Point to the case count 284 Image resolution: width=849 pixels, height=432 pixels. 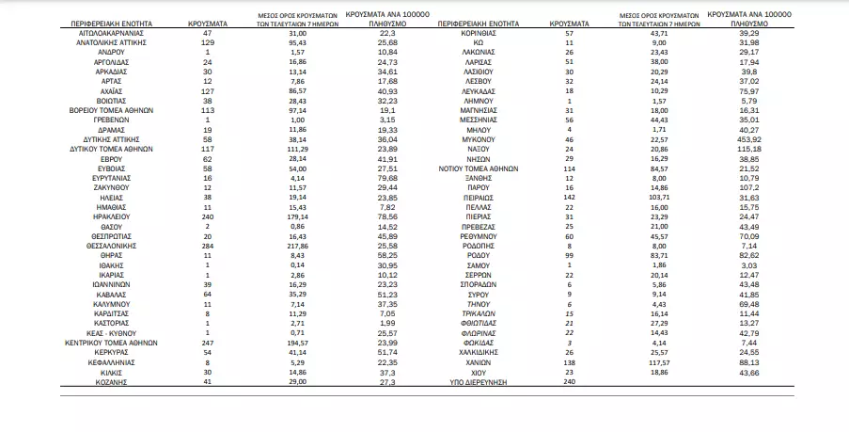209,244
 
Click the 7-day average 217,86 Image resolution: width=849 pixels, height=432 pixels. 298,244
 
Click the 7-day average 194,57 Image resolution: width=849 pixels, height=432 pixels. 298,343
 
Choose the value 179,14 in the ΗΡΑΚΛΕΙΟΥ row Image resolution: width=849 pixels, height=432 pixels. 298,216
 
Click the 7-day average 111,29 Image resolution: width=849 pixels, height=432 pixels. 298,149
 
